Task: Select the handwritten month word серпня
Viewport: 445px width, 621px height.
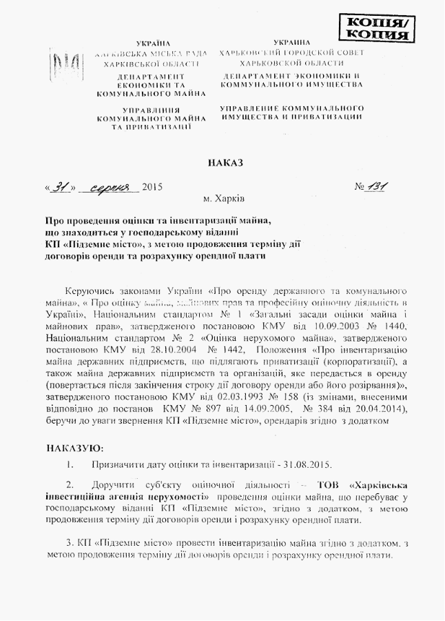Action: (x=110, y=188)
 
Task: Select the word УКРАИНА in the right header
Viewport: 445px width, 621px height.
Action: (x=292, y=43)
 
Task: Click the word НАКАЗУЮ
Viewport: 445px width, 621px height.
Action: (x=74, y=448)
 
